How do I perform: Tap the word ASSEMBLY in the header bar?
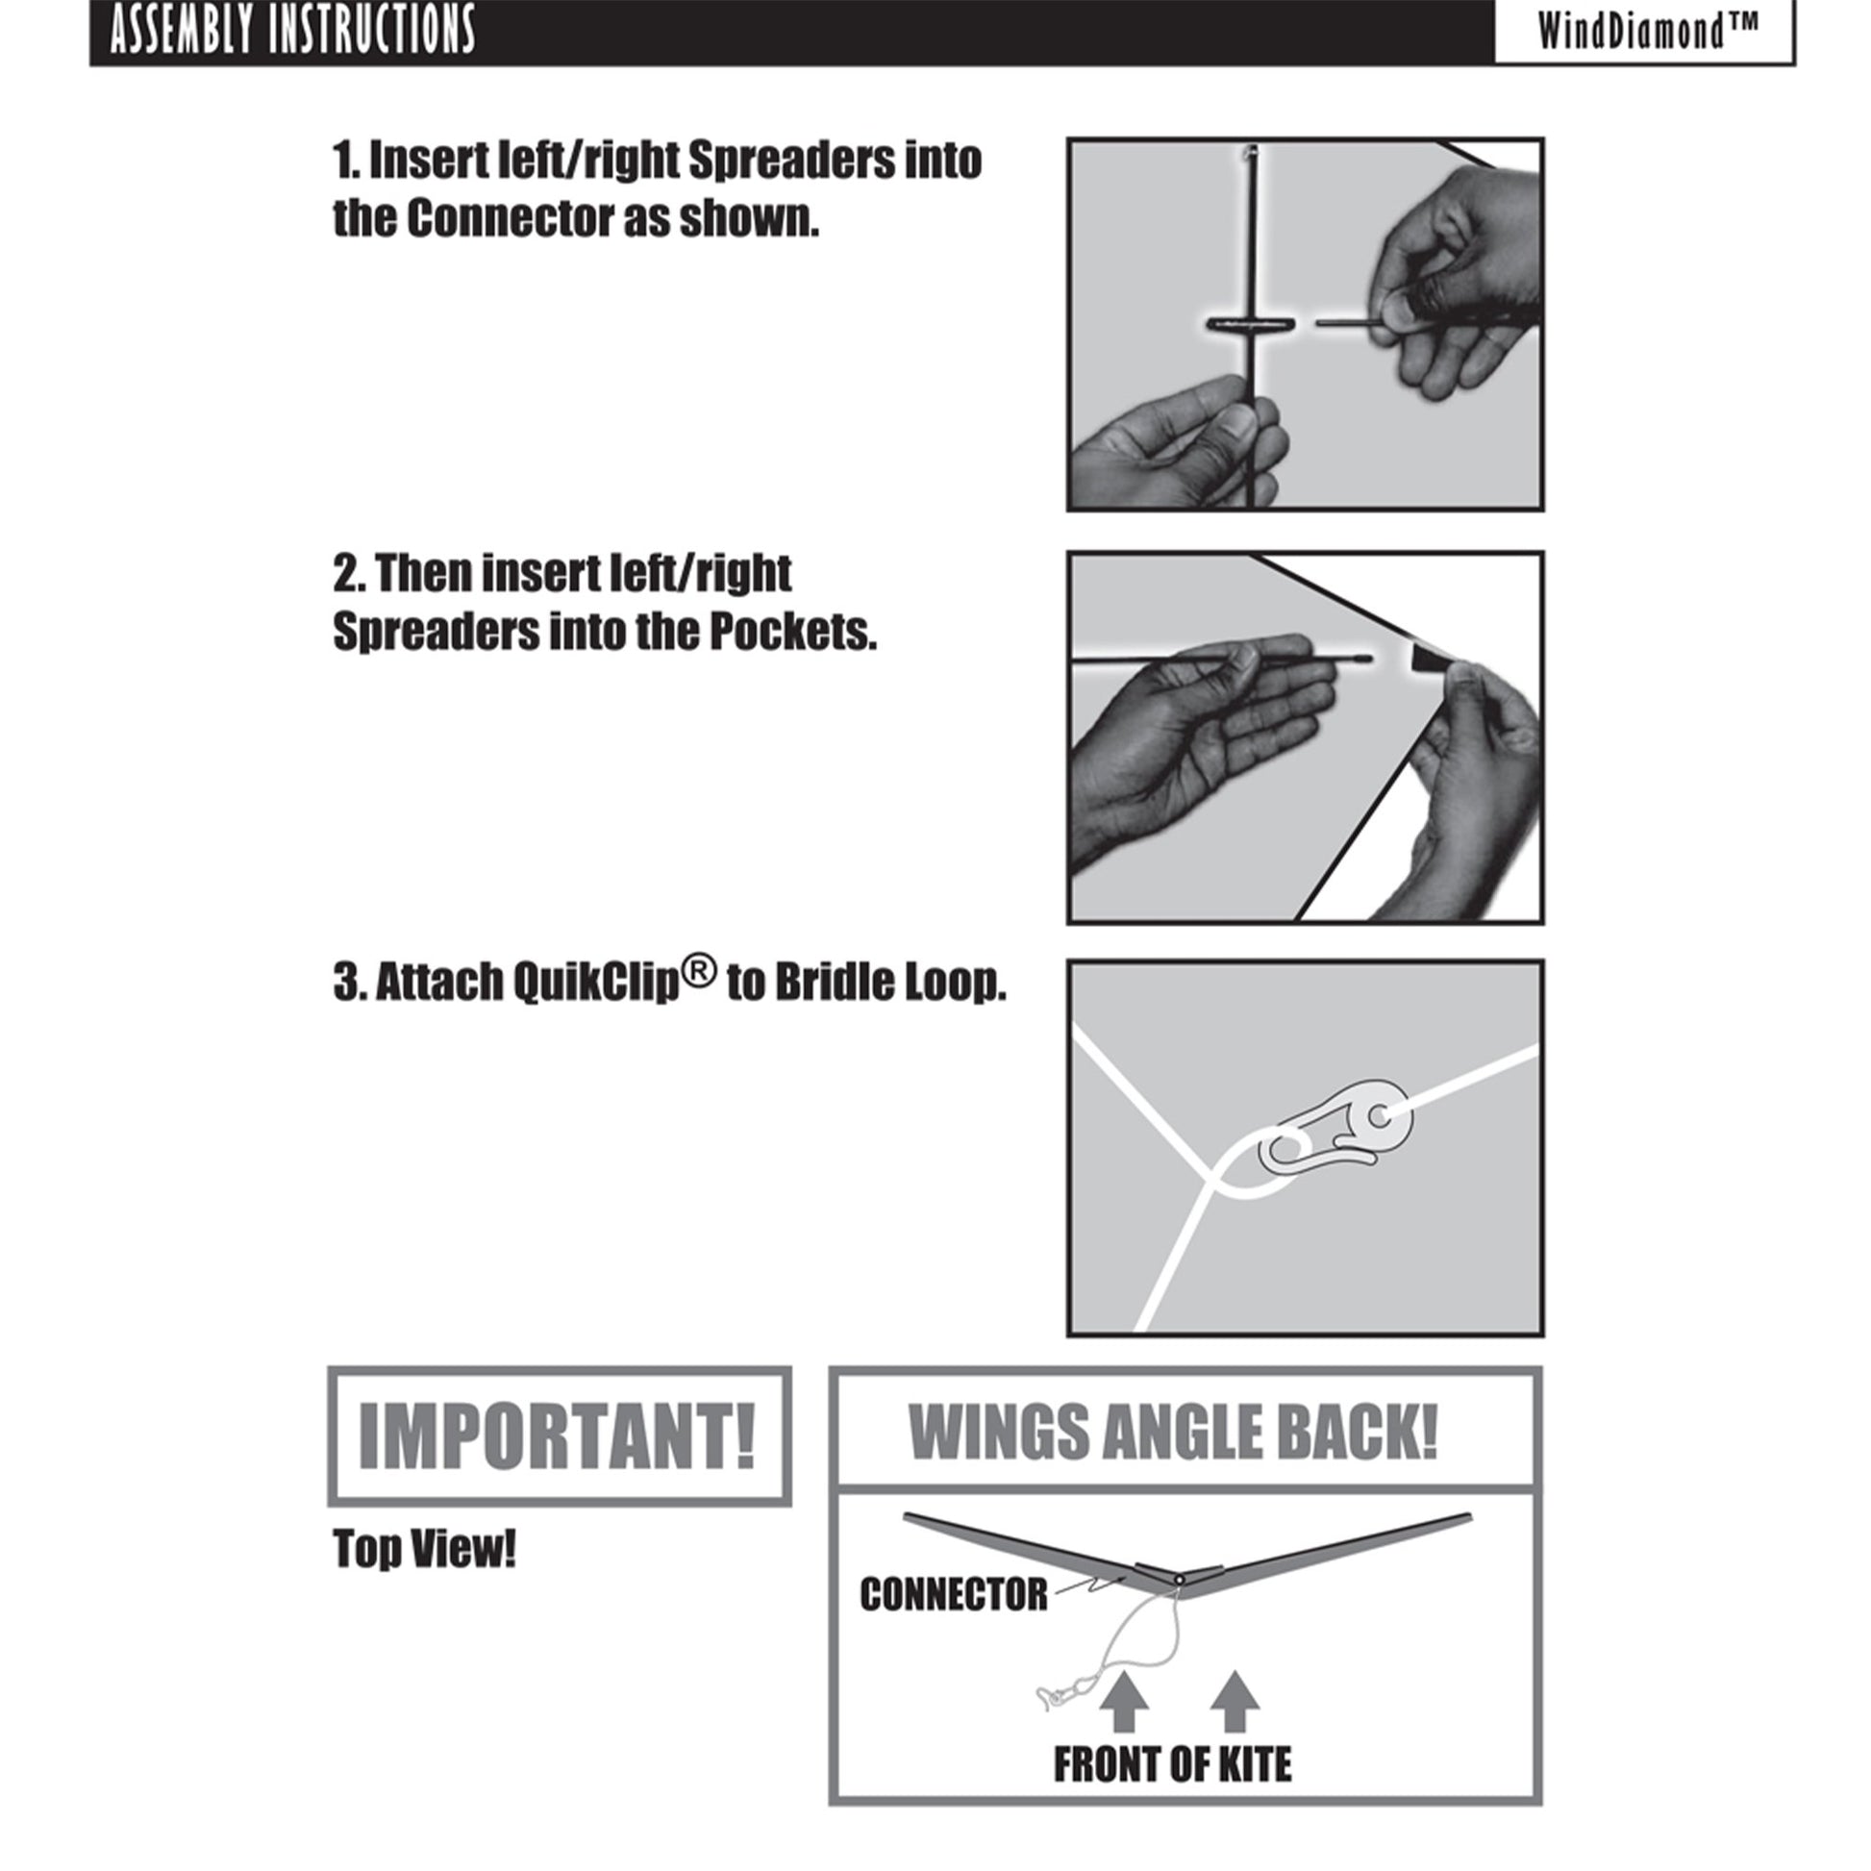183,31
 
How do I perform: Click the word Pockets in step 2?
792,633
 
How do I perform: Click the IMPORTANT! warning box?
559,1436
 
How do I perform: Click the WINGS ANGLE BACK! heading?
1174,1434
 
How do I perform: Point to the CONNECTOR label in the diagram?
954,1594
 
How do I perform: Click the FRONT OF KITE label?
1173,1764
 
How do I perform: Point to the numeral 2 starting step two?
346,574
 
